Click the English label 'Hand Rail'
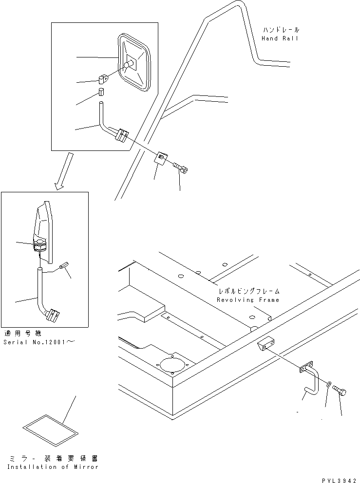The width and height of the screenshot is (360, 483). point(280,38)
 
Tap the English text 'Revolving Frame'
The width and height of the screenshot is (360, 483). point(248,300)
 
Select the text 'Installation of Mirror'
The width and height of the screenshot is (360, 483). point(53,467)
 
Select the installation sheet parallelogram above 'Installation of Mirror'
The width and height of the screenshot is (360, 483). point(51,428)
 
